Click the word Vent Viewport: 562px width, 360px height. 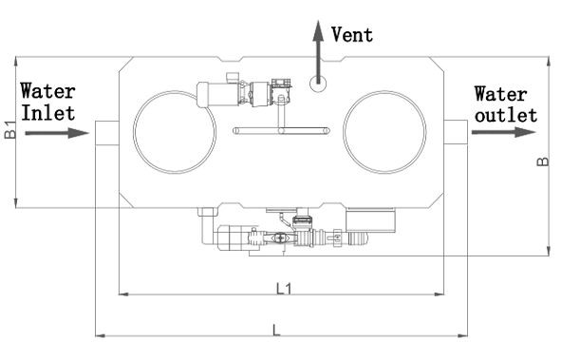pos(352,35)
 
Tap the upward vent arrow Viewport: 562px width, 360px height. pos(318,51)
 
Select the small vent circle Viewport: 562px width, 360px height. pos(318,84)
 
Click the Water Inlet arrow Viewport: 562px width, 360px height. pos(57,133)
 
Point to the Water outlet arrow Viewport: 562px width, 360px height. pos(503,132)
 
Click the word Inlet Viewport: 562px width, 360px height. pos(48,113)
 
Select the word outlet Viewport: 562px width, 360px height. pos(506,116)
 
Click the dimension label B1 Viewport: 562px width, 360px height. pos(10,130)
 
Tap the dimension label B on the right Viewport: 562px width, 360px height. pos(543,161)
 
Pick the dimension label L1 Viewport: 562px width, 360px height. pos(284,289)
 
